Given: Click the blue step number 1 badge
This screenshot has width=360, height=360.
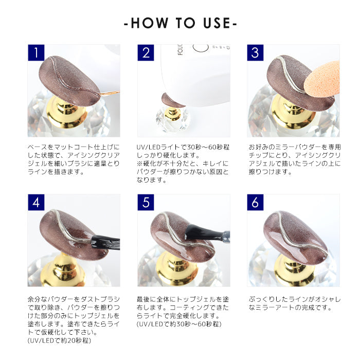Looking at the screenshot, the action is pyautogui.click(x=36, y=52).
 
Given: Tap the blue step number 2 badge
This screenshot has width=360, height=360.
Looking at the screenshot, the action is pyautogui.click(x=146, y=52).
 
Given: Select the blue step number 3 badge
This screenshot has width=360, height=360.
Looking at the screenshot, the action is pyautogui.click(x=255, y=52).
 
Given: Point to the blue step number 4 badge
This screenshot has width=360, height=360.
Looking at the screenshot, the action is pyautogui.click(x=36, y=202).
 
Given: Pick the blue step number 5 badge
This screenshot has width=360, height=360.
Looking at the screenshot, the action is pyautogui.click(x=146, y=202).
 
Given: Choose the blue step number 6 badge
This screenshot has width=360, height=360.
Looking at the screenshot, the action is pyautogui.click(x=255, y=202).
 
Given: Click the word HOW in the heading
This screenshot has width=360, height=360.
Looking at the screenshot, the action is pyautogui.click(x=150, y=23).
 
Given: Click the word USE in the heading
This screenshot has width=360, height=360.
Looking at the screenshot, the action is pyautogui.click(x=217, y=23).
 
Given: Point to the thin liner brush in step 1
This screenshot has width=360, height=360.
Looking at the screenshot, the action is pyautogui.click(x=110, y=93).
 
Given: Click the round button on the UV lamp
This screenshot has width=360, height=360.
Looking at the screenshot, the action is pyautogui.click(x=201, y=47).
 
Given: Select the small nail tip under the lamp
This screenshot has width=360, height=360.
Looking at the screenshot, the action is pyautogui.click(x=173, y=100).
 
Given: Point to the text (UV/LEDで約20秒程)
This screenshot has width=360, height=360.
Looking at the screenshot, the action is pyautogui.click(x=59, y=340).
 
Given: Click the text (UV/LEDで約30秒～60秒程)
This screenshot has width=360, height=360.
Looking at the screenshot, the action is pyautogui.click(x=179, y=324).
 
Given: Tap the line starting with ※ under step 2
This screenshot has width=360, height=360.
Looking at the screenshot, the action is pyautogui.click(x=183, y=164).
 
